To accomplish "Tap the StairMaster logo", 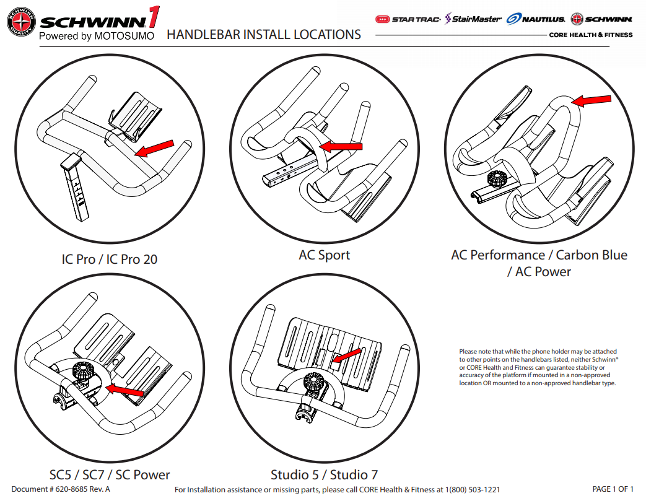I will tap(473, 19).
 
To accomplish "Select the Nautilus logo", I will tap(535, 19).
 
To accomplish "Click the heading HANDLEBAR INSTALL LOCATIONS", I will tap(264, 35).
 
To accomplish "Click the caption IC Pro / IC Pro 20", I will tap(109, 259).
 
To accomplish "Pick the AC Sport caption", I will tap(324, 255).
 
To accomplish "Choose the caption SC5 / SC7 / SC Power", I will tap(110, 475).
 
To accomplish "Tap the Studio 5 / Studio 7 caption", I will tap(324, 475).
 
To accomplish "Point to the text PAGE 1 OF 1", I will tap(613, 489).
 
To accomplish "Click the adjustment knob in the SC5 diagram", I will tap(82, 372).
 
